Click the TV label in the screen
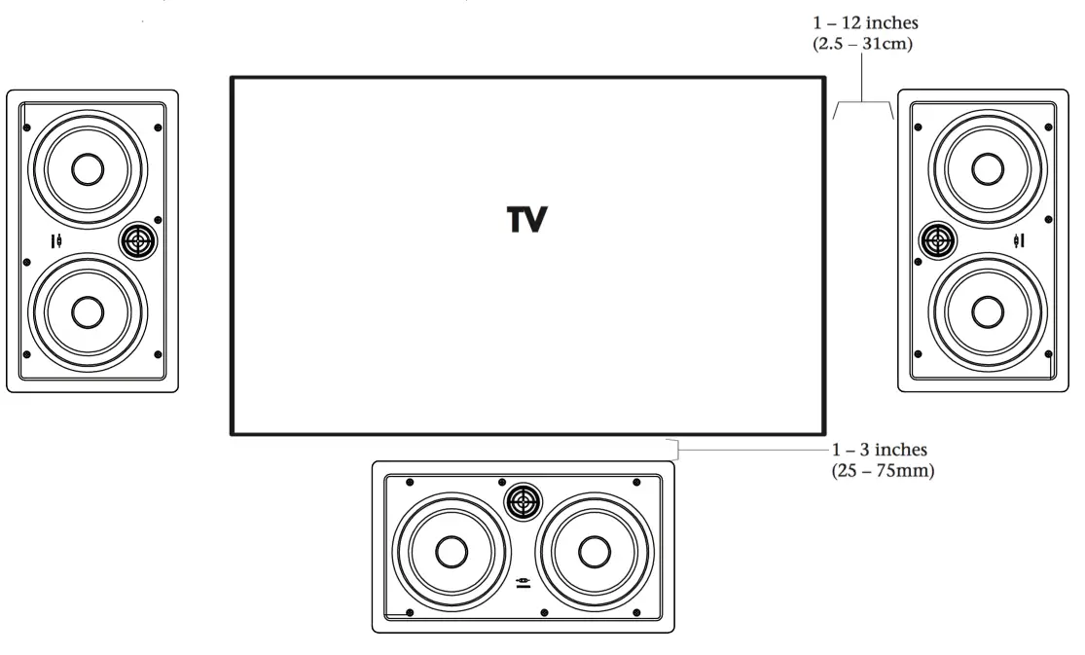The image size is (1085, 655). (x=526, y=221)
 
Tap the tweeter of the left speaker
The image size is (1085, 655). (x=137, y=240)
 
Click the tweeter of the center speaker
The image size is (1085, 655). (x=524, y=502)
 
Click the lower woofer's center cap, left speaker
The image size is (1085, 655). (x=88, y=312)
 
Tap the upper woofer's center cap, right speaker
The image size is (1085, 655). (x=988, y=168)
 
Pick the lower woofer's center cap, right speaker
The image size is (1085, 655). (x=988, y=311)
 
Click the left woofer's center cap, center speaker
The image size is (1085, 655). (x=451, y=552)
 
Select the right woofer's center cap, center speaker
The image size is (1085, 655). (x=594, y=552)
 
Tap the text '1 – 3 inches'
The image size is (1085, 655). (x=880, y=451)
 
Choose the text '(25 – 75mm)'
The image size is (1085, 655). (x=882, y=474)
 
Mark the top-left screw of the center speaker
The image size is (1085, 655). (x=410, y=483)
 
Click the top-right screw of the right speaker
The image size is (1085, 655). (x=1047, y=127)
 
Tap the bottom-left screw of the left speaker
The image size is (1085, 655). (x=27, y=354)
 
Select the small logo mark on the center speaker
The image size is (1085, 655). (x=524, y=582)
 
